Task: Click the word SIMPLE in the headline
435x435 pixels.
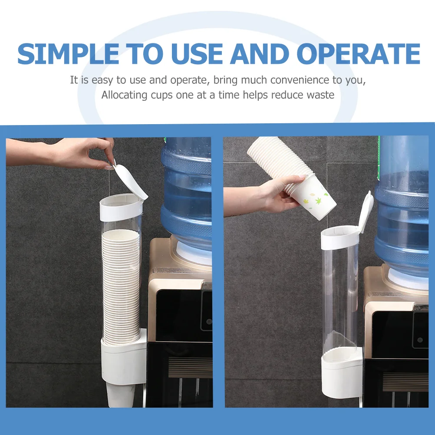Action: coord(68,53)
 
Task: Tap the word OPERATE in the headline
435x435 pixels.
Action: coord(358,53)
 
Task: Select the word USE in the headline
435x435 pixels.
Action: coord(197,53)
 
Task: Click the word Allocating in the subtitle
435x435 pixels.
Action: coord(124,96)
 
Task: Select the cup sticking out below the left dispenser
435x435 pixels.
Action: coord(121,395)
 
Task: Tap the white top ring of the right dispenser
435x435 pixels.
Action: coord(340,237)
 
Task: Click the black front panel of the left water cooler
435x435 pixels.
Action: coord(184,315)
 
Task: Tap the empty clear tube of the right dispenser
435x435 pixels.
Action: coord(341,300)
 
